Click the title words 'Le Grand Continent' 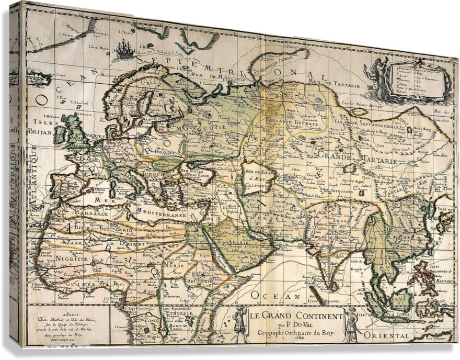(x=295, y=316)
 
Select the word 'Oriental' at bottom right (x=387, y=335)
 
